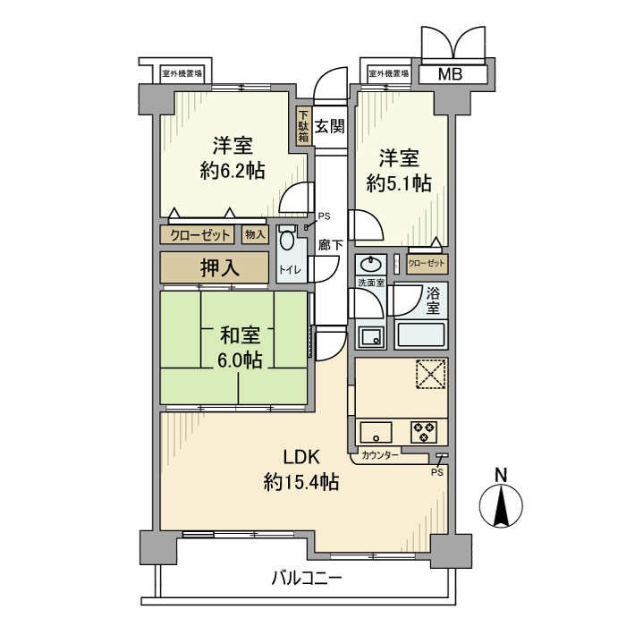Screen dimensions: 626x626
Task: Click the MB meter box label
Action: (x=450, y=74)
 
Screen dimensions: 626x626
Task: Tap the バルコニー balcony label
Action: (x=307, y=579)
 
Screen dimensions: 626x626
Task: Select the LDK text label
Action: (x=300, y=457)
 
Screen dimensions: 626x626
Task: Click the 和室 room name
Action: (x=240, y=336)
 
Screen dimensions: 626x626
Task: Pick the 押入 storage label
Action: (x=214, y=267)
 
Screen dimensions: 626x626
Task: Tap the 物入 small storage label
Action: (x=254, y=235)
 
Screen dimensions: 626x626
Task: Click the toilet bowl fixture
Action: (x=286, y=240)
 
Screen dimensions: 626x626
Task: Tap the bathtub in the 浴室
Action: (x=420, y=337)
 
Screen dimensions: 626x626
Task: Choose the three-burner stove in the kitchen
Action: (x=424, y=432)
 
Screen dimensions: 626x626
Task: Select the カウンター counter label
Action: (x=381, y=455)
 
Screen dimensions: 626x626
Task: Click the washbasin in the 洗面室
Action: (x=369, y=266)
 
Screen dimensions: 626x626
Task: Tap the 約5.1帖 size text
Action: (x=399, y=183)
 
